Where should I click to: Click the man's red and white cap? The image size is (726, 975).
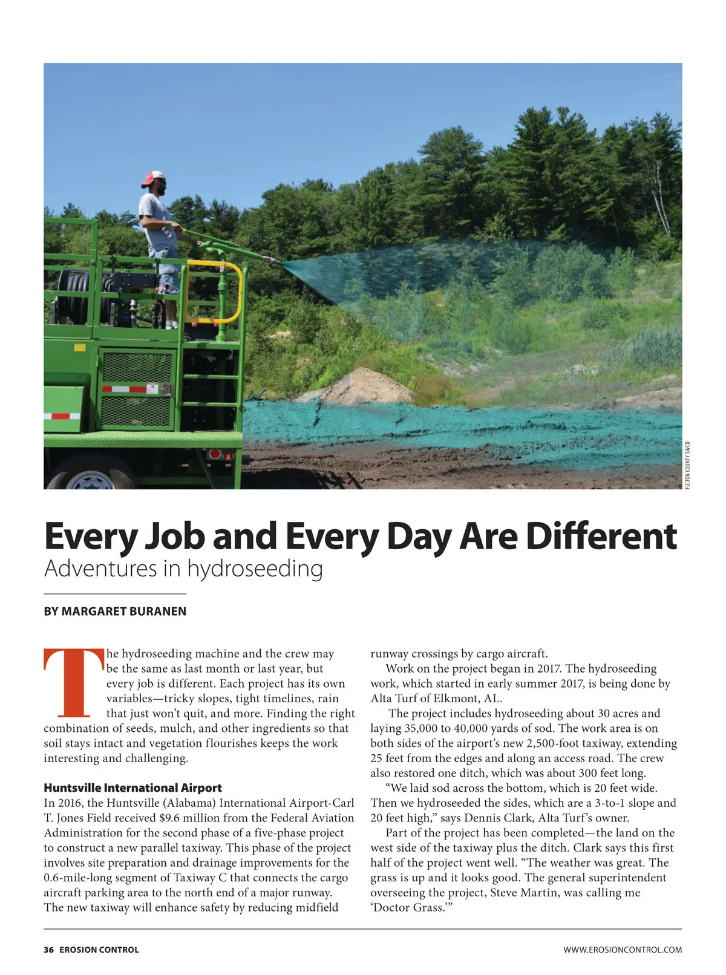click(x=153, y=178)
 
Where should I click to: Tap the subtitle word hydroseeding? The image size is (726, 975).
click(x=255, y=569)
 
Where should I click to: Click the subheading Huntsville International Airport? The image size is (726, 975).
click(x=132, y=788)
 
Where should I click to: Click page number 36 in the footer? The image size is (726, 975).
click(x=48, y=950)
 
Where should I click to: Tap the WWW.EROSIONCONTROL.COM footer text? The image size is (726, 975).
click(x=623, y=950)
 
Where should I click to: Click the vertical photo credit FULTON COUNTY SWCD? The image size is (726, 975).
click(x=688, y=465)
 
